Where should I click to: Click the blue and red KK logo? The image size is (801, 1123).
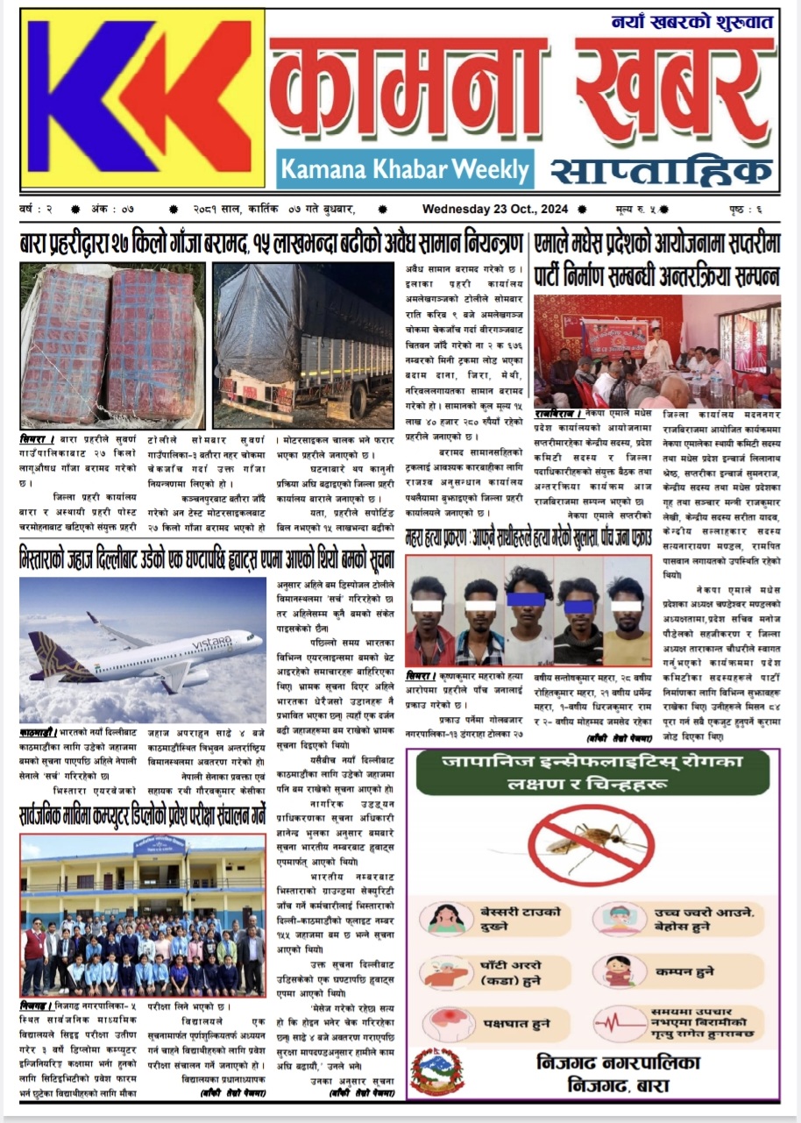pyautogui.click(x=142, y=99)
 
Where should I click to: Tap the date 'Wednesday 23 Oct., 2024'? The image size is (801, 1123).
pyautogui.click(x=495, y=210)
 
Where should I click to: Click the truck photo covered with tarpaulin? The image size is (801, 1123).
pyautogui.click(x=304, y=344)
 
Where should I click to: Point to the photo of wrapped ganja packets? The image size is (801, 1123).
pyautogui.click(x=111, y=345)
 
